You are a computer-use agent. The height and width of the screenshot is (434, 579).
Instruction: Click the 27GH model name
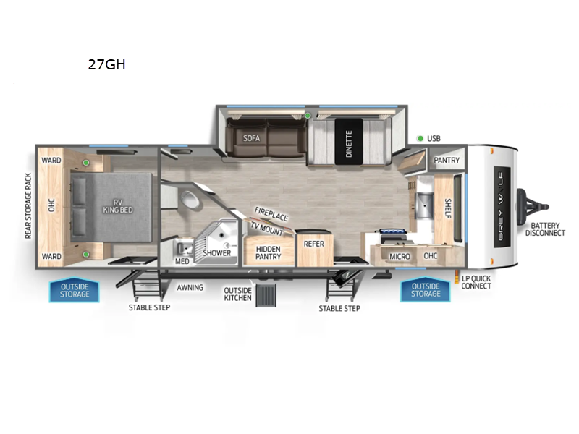106,64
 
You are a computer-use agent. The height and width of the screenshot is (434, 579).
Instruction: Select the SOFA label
251,138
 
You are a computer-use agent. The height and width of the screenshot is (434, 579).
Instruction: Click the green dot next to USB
420,138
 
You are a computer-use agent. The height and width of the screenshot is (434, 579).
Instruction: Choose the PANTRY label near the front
443,159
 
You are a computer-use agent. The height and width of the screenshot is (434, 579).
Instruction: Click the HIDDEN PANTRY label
268,252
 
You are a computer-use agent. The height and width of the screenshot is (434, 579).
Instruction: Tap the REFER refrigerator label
313,244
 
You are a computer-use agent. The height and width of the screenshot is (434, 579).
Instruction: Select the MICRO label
400,257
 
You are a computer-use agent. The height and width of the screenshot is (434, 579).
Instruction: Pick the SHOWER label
216,252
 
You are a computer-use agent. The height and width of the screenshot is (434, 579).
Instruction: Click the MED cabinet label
182,260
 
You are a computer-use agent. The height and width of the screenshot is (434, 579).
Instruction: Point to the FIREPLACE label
271,214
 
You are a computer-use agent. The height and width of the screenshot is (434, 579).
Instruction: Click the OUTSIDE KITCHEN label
237,294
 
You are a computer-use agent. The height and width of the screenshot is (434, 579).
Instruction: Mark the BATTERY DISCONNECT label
545,228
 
